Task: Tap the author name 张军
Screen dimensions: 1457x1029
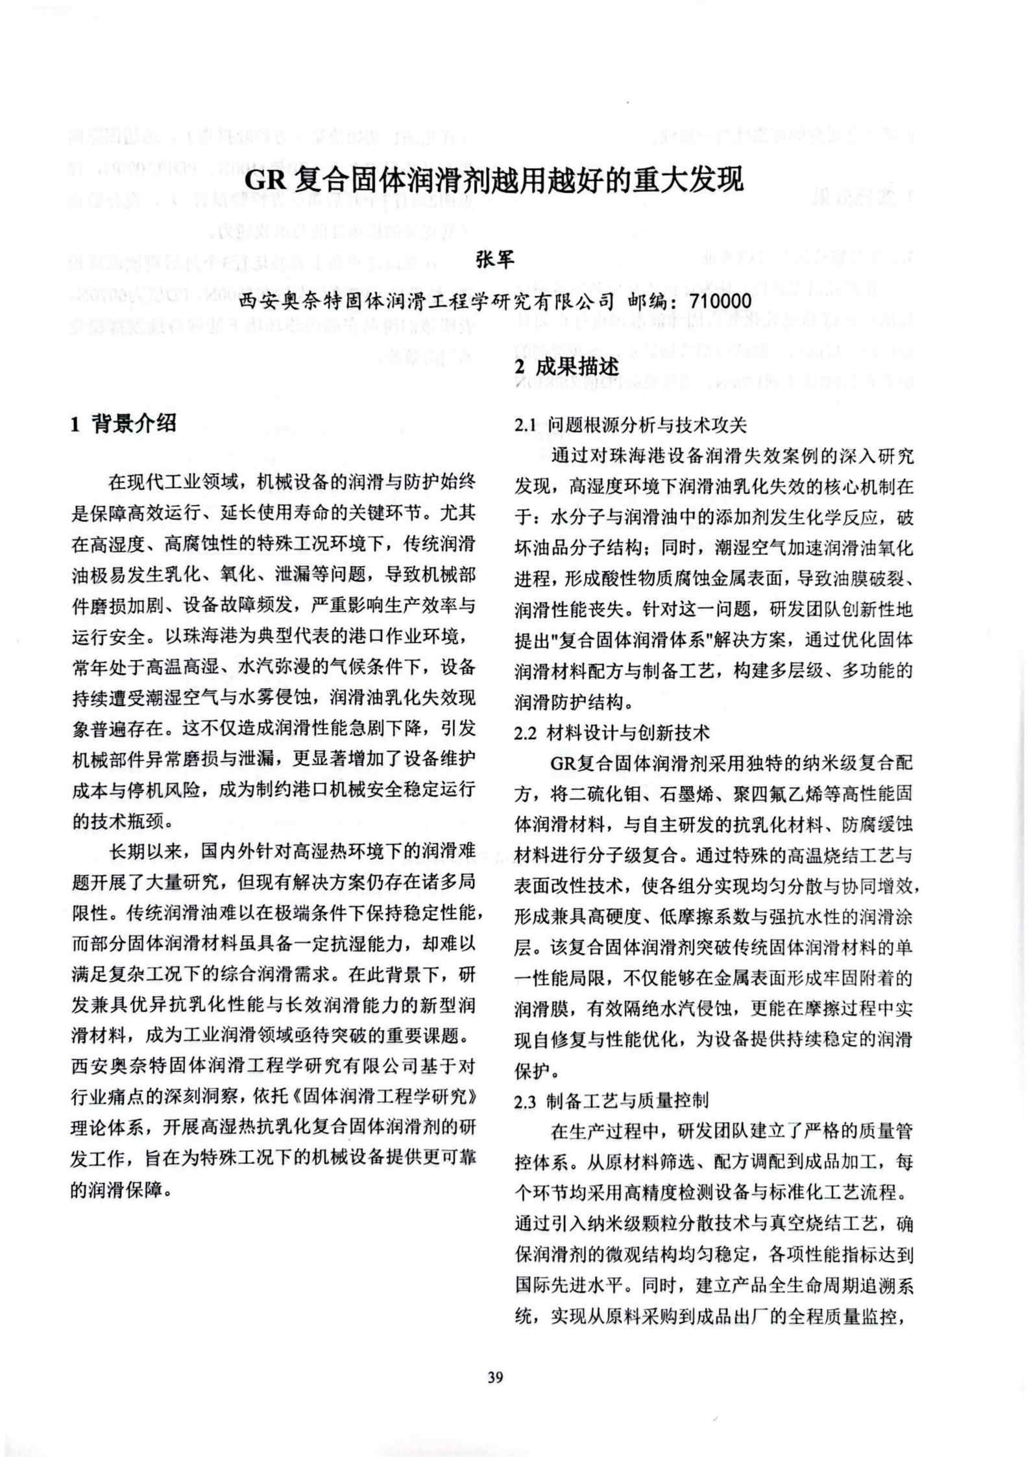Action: point(495,259)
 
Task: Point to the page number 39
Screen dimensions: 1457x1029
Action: point(495,1377)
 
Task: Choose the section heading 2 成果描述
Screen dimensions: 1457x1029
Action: point(566,367)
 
